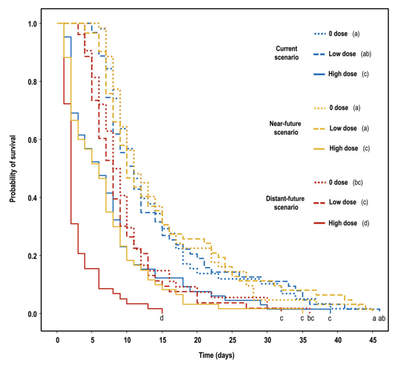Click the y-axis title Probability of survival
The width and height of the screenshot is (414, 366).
tap(13, 169)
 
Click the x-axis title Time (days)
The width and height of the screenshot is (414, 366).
tap(216, 355)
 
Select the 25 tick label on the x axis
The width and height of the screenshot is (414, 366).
tap(232, 340)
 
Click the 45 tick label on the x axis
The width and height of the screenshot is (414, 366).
tap(373, 340)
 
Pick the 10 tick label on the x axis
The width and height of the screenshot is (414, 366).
tap(127, 340)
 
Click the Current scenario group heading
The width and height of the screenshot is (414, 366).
tap(286, 53)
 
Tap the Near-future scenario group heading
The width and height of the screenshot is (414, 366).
tap(285, 128)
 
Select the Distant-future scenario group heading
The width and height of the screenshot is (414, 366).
tap(285, 203)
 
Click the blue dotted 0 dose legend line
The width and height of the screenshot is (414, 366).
tap(320, 34)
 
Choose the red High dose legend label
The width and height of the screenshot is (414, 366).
tap(343, 223)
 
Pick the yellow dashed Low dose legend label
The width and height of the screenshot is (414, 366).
tap(343, 128)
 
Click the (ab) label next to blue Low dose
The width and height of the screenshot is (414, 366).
tap(366, 54)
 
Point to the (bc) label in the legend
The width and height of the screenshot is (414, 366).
tap(358, 182)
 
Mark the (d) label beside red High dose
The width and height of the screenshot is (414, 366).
tap(365, 223)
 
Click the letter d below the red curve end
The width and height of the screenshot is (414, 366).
tap(162, 318)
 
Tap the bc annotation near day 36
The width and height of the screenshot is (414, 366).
tap(311, 318)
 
